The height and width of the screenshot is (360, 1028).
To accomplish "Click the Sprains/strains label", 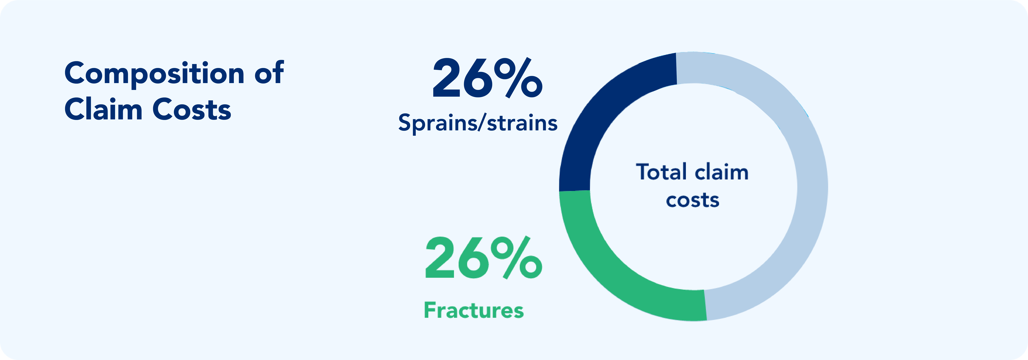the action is pos(478,123).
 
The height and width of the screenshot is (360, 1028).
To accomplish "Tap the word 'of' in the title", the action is pos(269,73).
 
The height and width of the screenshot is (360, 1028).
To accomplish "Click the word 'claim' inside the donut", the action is pos(722,172).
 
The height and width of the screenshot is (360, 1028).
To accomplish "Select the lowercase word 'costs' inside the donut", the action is pos(692,200).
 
